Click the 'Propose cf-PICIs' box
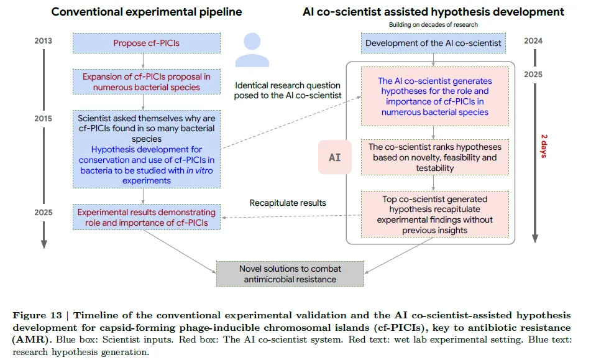tap(147, 44)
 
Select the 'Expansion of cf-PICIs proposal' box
tap(147, 81)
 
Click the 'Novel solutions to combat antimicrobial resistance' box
tap(290, 274)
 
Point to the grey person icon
tap(251, 50)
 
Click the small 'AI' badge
tap(334, 157)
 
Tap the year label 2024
tap(533, 42)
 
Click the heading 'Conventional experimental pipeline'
tap(146, 12)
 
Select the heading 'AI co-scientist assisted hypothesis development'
tap(433, 12)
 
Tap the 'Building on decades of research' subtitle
tap(433, 24)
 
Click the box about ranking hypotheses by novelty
tap(434, 157)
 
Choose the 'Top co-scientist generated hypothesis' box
tap(434, 215)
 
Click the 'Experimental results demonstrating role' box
tap(147, 217)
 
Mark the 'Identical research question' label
tap(288, 90)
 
